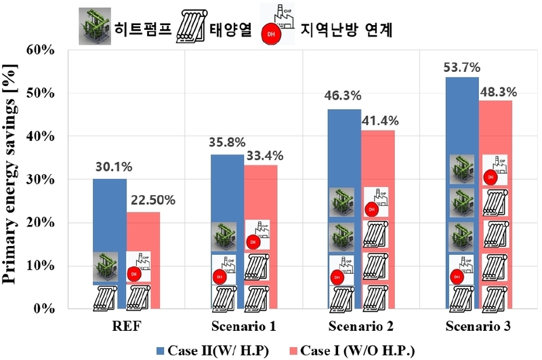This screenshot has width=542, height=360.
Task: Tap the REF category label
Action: click(127, 327)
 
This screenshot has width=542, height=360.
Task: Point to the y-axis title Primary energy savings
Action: click(14, 179)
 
